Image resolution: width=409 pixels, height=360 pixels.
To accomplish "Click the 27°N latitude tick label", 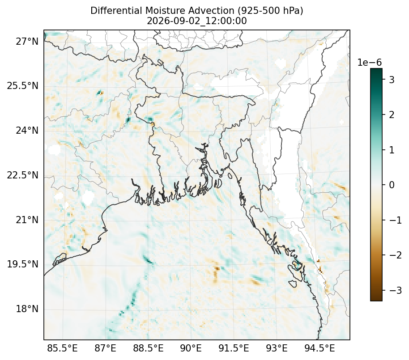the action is tap(27, 41).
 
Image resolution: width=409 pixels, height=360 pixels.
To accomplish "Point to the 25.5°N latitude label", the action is tap(22, 86).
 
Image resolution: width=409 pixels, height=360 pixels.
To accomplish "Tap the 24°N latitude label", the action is tap(27, 130).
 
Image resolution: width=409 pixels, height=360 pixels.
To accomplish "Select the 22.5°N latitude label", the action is tap(22, 175).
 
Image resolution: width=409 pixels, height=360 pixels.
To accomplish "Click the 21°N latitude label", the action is tap(27, 220).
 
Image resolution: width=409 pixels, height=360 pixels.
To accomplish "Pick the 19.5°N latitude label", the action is tap(22, 264).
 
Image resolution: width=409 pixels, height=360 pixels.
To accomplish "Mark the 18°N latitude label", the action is tap(27, 309).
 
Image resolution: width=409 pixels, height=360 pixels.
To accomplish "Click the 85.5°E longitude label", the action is tap(62, 348).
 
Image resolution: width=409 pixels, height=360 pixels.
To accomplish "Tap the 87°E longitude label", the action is tap(105, 348).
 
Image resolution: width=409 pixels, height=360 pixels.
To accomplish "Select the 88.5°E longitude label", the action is tap(148, 348).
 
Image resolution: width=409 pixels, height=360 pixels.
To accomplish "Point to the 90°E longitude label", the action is tap(191, 348).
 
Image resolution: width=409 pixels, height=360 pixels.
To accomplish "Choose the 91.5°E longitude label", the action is tap(234, 348).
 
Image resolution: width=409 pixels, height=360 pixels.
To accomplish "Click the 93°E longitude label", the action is tap(276, 348).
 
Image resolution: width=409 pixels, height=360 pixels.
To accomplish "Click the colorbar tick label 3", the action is tap(392, 80).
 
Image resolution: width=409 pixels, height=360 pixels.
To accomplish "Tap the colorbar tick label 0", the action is tap(392, 185).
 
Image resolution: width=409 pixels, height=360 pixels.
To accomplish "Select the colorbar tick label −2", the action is tap(396, 255).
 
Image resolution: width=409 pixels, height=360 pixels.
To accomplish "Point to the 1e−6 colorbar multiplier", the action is tap(369, 63).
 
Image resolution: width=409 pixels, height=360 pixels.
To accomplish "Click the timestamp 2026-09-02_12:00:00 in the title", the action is tap(197, 21).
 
